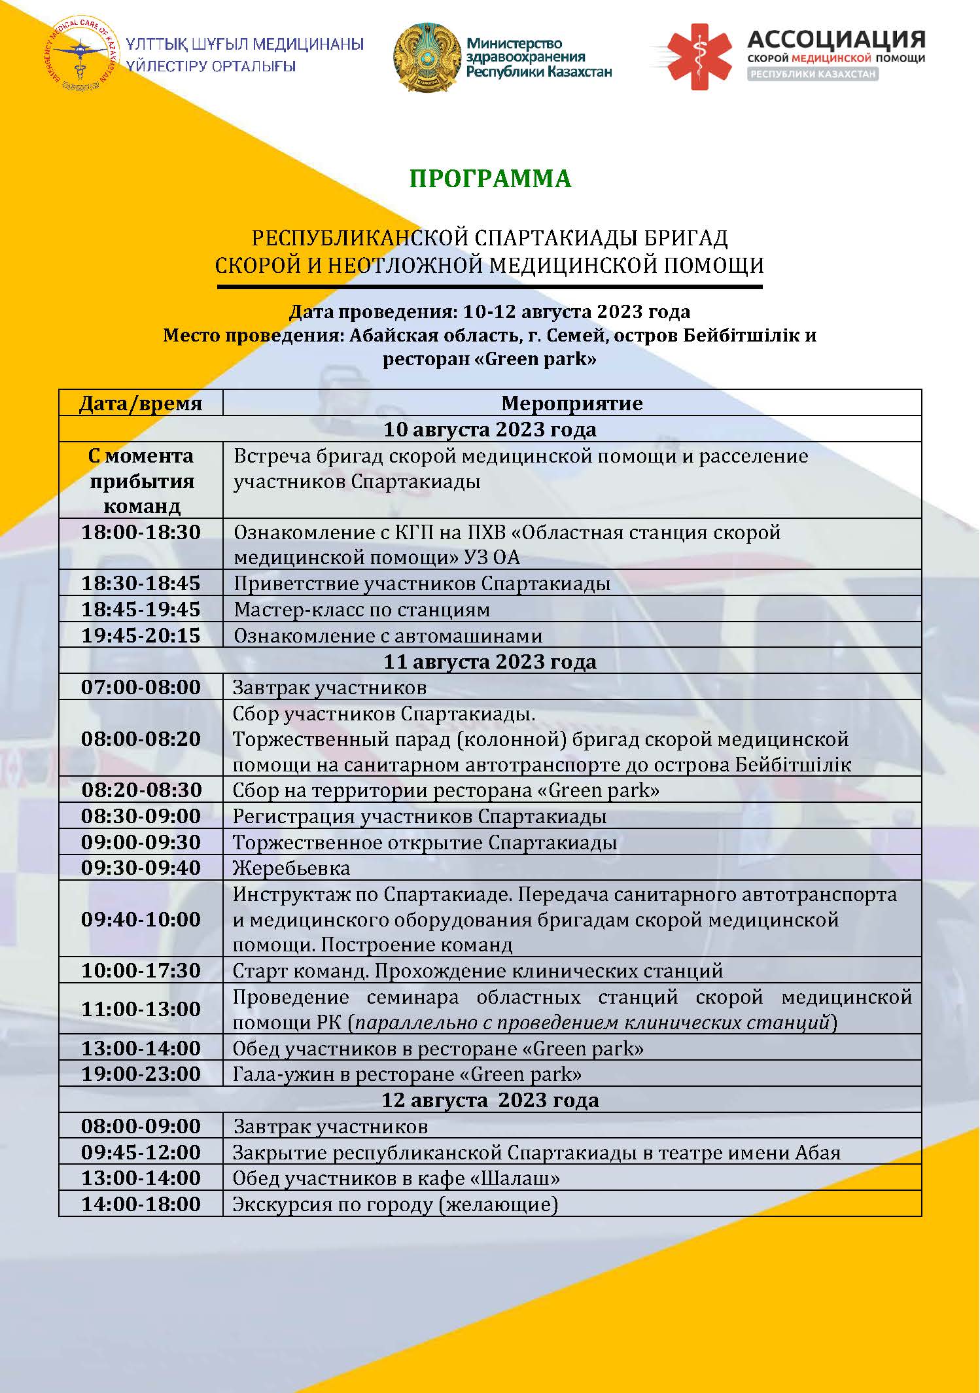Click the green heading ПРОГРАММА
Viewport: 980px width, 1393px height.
490,179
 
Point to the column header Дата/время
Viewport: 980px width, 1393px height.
141,403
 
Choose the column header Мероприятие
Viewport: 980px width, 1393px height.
572,403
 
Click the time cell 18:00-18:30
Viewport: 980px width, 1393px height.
141,532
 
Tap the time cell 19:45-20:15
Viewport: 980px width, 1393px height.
141,635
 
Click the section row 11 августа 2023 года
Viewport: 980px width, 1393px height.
490,661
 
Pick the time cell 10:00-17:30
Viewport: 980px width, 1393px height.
141,970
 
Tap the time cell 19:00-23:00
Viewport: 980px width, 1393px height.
141,1074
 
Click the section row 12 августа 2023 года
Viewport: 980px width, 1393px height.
490,1100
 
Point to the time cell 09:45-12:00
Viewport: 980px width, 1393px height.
141,1152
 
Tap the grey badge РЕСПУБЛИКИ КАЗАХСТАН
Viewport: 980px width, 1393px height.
813,74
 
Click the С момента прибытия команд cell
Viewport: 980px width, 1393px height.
141,481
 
